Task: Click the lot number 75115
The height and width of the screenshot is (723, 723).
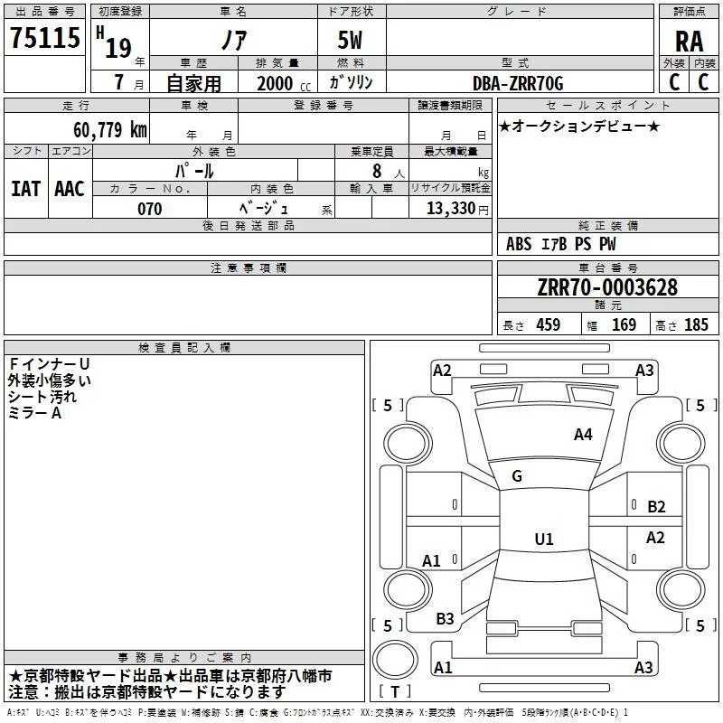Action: pyautogui.click(x=45, y=38)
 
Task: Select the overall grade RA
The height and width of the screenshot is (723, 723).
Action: pyautogui.click(x=689, y=42)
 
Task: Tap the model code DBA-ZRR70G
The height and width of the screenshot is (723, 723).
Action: pyautogui.click(x=518, y=83)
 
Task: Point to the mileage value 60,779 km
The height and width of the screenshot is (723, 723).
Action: pyautogui.click(x=110, y=129)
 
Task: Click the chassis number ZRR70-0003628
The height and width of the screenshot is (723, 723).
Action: pyautogui.click(x=607, y=287)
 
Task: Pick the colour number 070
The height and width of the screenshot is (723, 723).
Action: pyautogui.click(x=150, y=209)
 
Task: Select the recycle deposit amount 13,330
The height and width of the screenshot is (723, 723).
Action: pyautogui.click(x=450, y=208)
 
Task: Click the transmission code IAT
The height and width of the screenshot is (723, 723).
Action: pyautogui.click(x=26, y=189)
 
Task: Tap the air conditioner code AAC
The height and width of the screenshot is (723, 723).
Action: pyautogui.click(x=70, y=189)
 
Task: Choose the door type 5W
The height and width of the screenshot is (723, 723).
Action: pyautogui.click(x=350, y=40)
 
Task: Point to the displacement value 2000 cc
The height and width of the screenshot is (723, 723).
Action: pyautogui.click(x=284, y=83)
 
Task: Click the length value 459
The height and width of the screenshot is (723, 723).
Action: pyautogui.click(x=549, y=324)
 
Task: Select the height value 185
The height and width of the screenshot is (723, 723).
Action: pyautogui.click(x=696, y=324)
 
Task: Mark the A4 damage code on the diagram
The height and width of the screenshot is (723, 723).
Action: pyautogui.click(x=583, y=435)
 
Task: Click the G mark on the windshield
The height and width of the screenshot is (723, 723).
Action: pyautogui.click(x=517, y=476)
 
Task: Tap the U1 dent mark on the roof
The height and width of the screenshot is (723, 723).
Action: pyautogui.click(x=544, y=539)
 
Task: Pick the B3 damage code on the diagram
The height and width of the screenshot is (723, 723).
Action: pyautogui.click(x=445, y=619)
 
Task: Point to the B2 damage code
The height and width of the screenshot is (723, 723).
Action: pyautogui.click(x=656, y=507)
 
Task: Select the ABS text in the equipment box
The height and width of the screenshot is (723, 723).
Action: pyautogui.click(x=519, y=244)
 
